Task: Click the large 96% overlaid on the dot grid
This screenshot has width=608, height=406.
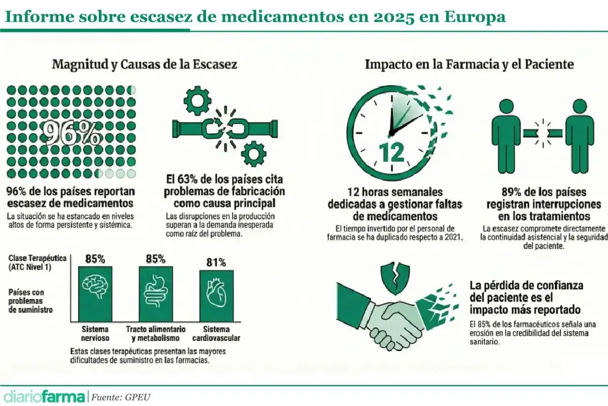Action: pos(71,133)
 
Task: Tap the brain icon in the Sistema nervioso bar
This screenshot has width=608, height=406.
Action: pos(95,290)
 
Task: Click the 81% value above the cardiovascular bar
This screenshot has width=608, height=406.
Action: pos(216,262)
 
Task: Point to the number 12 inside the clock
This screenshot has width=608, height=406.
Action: pos(391,151)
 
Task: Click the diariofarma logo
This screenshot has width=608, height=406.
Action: pos(44,395)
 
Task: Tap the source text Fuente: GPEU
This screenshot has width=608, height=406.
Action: pos(121,396)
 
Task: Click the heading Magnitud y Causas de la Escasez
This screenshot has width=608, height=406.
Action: pos(145,65)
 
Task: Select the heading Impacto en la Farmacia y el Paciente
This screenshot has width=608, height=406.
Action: pos(470,65)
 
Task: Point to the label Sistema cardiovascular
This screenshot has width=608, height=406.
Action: pos(216,333)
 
